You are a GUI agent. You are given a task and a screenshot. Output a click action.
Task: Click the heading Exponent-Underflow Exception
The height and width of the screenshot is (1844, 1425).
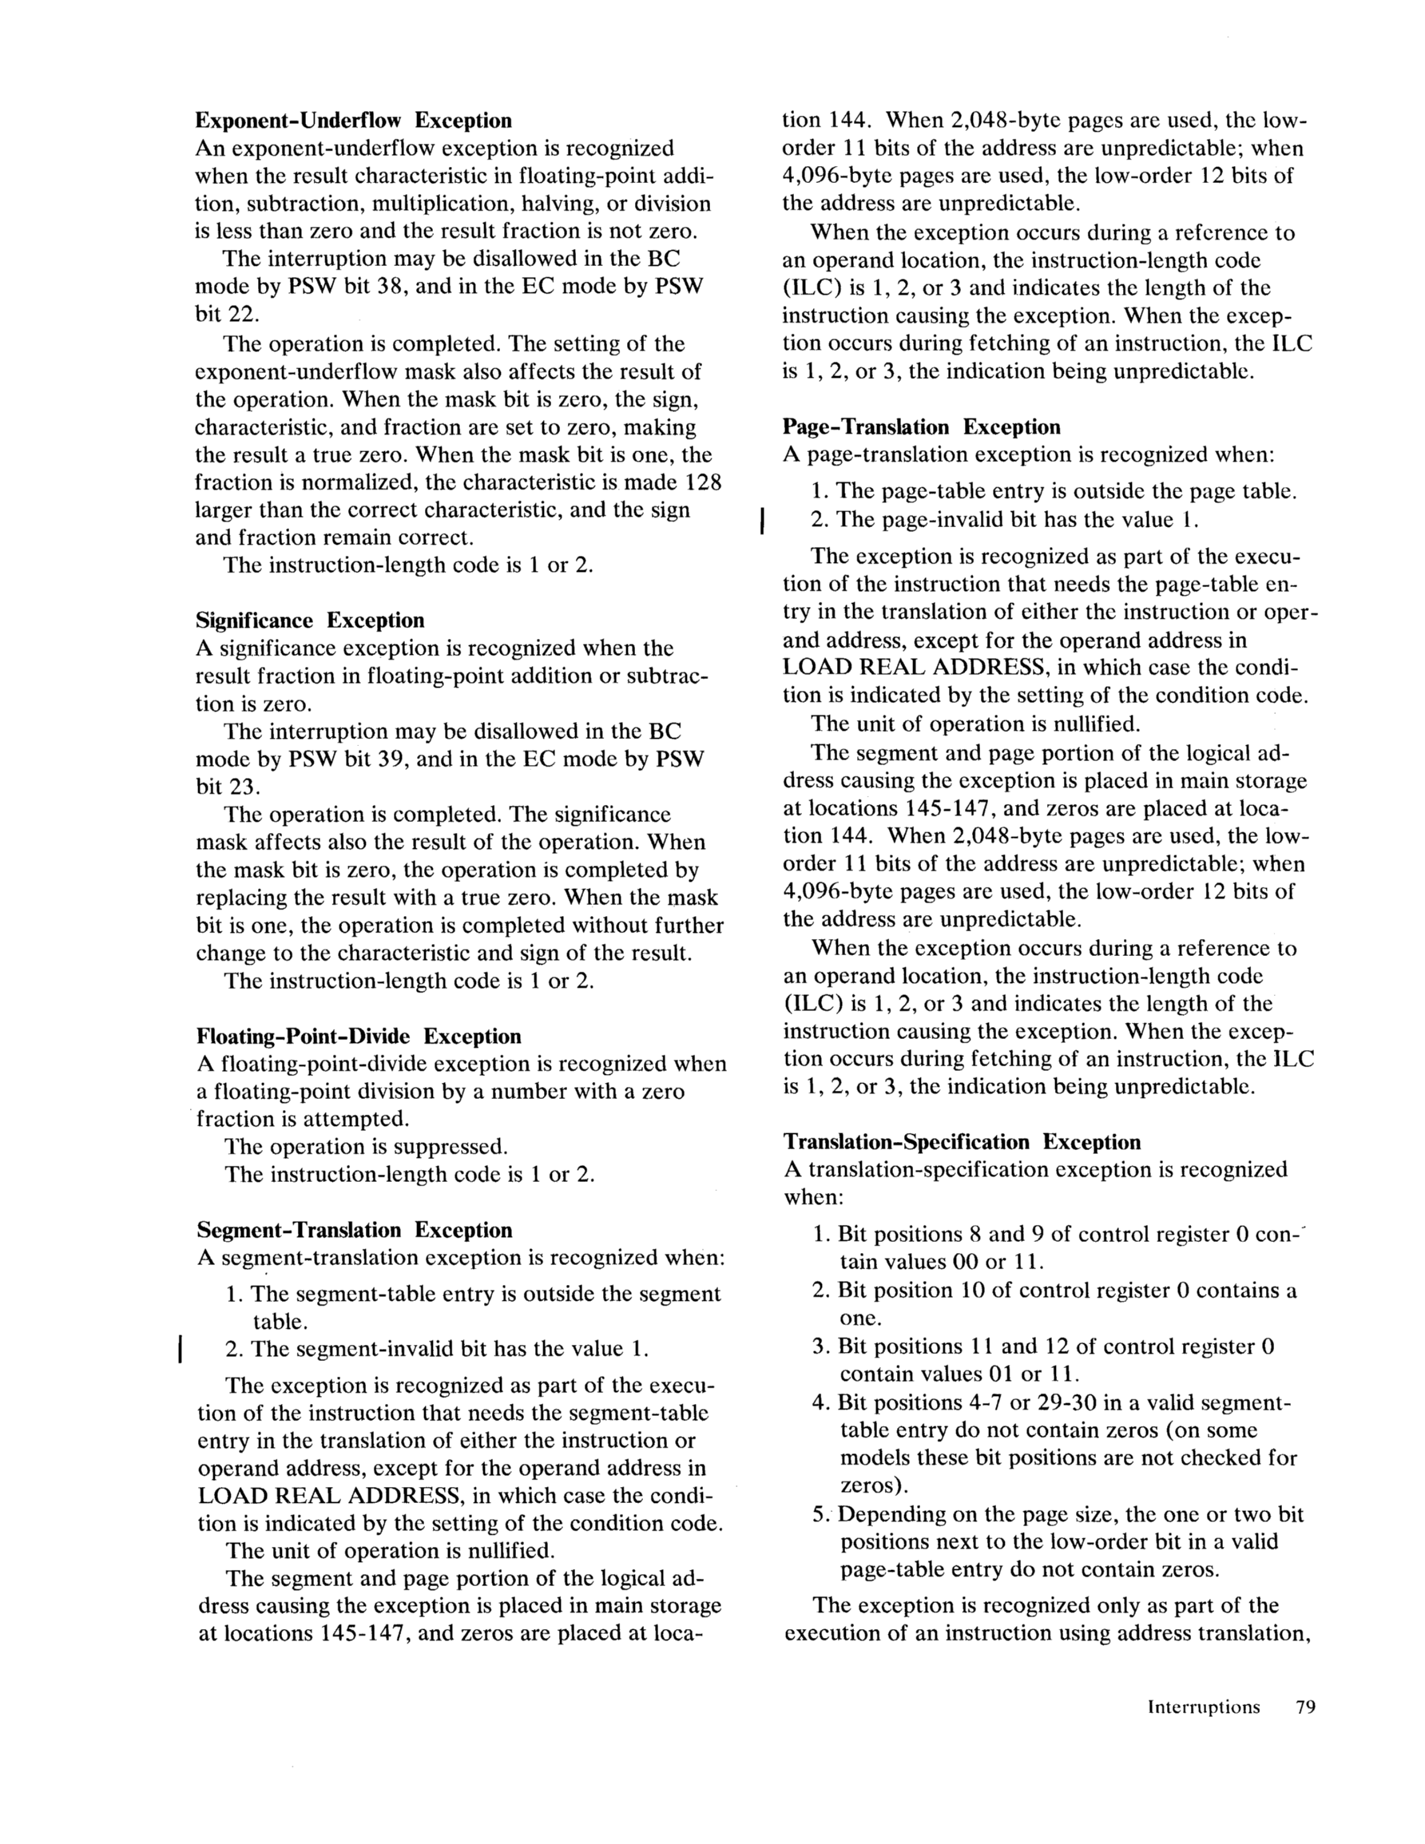353,121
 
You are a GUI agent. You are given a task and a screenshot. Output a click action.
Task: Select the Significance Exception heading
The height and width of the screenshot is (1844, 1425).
310,621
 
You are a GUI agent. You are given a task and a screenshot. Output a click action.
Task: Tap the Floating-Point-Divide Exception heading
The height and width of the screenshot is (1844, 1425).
358,1036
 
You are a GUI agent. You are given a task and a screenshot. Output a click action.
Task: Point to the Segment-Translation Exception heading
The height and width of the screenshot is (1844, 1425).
354,1230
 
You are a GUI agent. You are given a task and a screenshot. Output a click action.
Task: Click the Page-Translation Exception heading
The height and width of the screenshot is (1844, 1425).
922,427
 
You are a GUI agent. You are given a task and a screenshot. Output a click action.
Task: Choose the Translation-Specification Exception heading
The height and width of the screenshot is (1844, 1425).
961,1142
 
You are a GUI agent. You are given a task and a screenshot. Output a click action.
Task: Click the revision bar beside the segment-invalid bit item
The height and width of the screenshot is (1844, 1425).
180,1348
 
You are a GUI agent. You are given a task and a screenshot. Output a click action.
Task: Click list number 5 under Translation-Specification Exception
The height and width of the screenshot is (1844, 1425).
820,1515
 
